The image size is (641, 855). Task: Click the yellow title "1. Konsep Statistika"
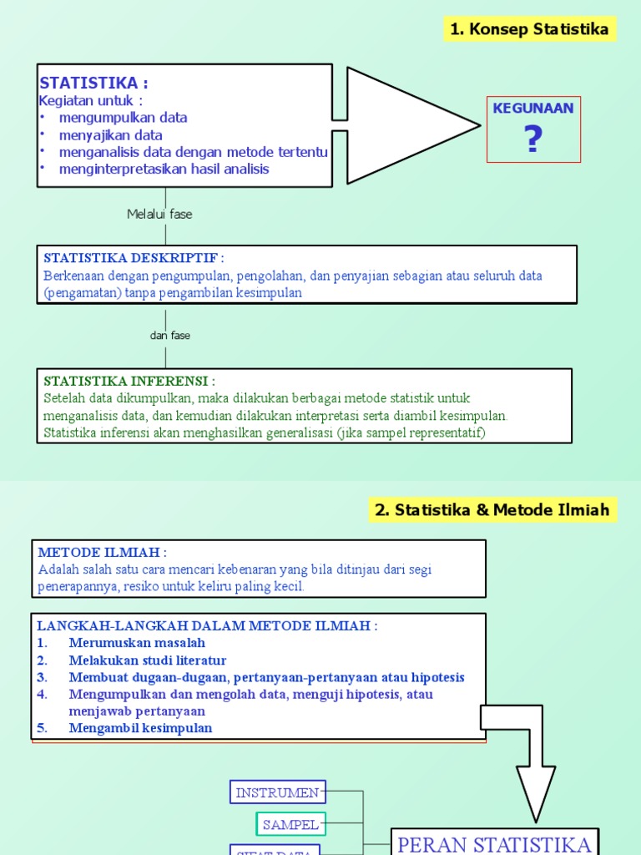pos(529,29)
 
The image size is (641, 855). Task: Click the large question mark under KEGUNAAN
pos(533,139)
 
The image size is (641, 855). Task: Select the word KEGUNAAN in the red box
pos(533,109)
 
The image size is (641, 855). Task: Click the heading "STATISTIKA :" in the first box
pos(93,83)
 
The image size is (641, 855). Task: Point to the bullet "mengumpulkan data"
pos(123,118)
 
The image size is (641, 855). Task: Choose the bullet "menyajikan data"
pos(110,135)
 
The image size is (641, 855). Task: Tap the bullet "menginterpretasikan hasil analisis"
pos(164,169)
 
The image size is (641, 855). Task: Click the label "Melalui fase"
pos(159,215)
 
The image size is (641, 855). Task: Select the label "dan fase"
pos(170,336)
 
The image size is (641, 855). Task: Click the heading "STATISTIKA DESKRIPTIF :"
pos(134,258)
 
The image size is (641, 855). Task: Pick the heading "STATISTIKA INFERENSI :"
pos(129,382)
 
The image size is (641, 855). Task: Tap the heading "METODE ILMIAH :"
pos(102,552)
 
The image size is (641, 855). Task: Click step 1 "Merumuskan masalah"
pos(137,643)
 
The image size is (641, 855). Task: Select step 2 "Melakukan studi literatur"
pos(148,660)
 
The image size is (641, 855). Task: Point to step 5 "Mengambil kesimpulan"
pos(140,728)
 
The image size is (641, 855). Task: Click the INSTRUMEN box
pos(278,792)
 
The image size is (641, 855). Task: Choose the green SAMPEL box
pos(290,825)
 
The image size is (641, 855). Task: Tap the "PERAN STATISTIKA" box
pos(494,843)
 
